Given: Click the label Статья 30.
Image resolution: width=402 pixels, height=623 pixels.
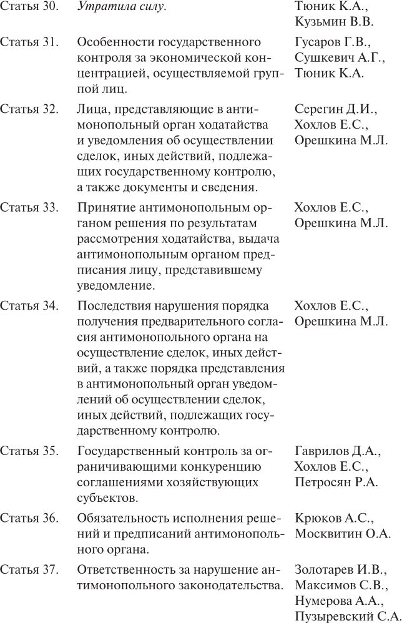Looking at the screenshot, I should pos(29,7).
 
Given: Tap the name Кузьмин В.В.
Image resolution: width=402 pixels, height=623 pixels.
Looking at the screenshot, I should pos(333,22).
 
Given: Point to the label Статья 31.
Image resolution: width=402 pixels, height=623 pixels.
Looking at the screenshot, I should pos(29,42).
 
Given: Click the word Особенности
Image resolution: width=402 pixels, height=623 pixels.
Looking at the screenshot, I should pos(114,42).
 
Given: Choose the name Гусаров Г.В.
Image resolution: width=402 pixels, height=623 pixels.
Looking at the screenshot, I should pos(333,42).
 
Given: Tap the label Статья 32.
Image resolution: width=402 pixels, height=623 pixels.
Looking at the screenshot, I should pos(29,109).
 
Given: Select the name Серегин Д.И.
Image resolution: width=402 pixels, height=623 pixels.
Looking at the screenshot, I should pos(335,109).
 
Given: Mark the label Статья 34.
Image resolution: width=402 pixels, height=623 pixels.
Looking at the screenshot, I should pos(29,305).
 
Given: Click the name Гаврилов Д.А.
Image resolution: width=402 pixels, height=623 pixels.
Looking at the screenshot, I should pos(336,451).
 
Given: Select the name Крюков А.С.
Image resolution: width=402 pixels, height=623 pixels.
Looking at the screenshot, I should pos(333,518).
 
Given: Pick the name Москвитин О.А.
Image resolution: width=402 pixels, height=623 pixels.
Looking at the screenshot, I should pos(343,533).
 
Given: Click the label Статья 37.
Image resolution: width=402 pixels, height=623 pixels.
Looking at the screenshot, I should pos(29,569).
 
